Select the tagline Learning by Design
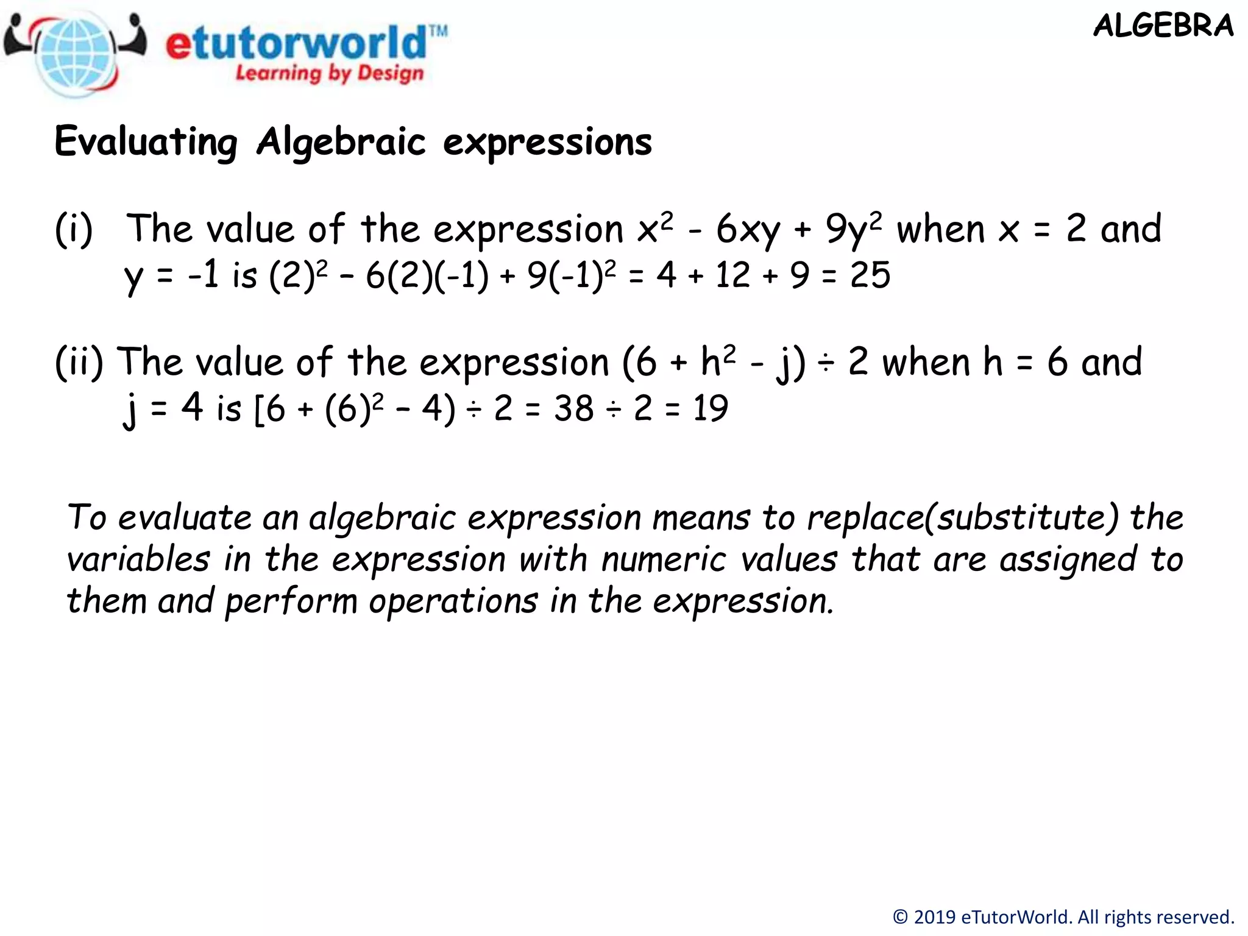[x=329, y=73]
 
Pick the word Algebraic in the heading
[x=341, y=142]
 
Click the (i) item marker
[x=74, y=230]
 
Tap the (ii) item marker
[x=79, y=362]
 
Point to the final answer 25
[x=870, y=275]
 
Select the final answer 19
[x=710, y=408]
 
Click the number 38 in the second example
[x=573, y=408]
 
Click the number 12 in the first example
[x=732, y=275]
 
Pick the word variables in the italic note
[x=139, y=559]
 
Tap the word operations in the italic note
[x=453, y=601]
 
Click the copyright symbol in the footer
[x=900, y=917]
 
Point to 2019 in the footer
[x=935, y=917]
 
